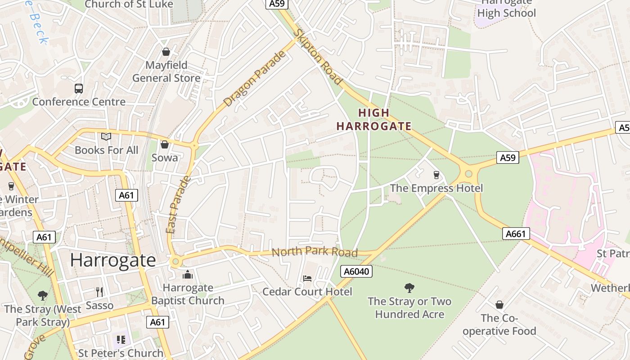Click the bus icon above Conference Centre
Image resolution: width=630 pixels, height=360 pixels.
(79, 89)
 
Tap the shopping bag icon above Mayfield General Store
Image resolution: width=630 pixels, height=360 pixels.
(166, 52)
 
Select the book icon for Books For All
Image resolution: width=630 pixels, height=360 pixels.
(106, 136)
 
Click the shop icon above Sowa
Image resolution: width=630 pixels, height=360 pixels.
(165, 144)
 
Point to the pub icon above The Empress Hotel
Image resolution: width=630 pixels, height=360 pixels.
(436, 175)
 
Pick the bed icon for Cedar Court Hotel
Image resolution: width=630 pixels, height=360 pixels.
(307, 279)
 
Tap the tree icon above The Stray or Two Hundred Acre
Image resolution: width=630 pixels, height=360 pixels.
(409, 288)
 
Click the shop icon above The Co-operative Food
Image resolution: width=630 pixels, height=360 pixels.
(499, 305)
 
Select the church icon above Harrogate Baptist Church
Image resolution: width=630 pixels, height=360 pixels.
(188, 274)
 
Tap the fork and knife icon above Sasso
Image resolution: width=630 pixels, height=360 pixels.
(99, 292)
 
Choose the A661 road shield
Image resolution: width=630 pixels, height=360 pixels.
(516, 234)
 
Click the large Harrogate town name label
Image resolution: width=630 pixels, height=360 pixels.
(113, 260)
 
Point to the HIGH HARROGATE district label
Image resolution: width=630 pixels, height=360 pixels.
(374, 120)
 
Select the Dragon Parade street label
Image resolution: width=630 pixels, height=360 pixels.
(255, 79)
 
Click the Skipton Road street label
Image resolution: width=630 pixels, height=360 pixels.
(318, 56)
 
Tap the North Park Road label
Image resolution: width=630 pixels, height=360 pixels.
(315, 252)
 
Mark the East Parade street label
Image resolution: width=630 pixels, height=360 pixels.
(178, 205)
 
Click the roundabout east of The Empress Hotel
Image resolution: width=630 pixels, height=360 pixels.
(468, 173)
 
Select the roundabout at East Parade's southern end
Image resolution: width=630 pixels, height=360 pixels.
(175, 261)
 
